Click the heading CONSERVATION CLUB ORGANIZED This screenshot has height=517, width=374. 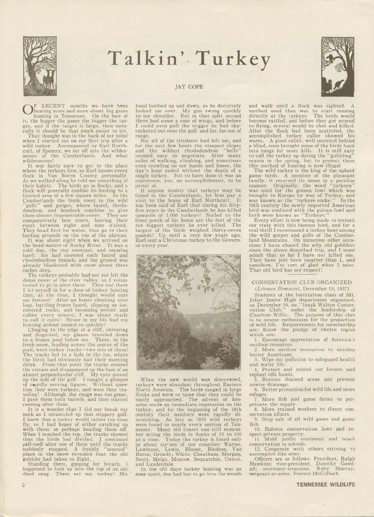tap(304, 282)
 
